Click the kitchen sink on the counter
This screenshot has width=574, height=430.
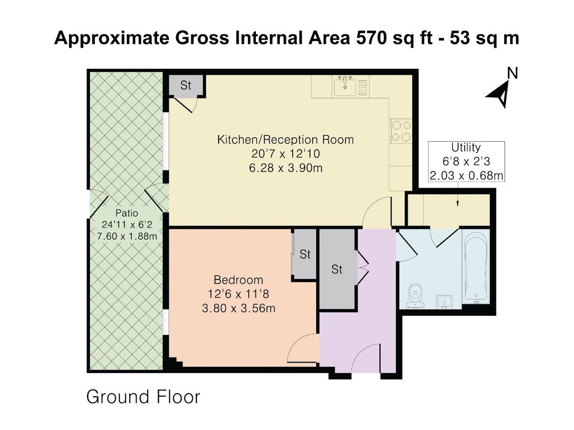tap(345, 87)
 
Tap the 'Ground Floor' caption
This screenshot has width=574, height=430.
tap(143, 397)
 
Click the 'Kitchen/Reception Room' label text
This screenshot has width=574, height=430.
tap(286, 140)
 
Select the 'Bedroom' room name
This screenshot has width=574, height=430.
tap(238, 280)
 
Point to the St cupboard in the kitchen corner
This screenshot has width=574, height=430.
tap(186, 86)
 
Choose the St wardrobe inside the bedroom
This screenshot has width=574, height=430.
tap(305, 254)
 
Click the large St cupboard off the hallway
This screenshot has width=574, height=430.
tap(337, 270)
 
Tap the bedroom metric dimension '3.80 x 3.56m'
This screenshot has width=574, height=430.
tap(238, 308)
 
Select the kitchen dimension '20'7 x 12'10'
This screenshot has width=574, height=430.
tap(286, 154)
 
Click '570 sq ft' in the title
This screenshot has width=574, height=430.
tap(387, 38)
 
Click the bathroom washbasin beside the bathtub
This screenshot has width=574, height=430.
tap(443, 301)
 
